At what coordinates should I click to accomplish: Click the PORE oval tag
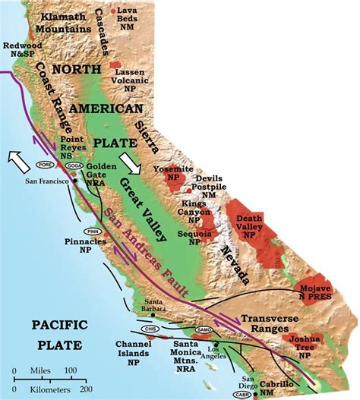45,162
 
